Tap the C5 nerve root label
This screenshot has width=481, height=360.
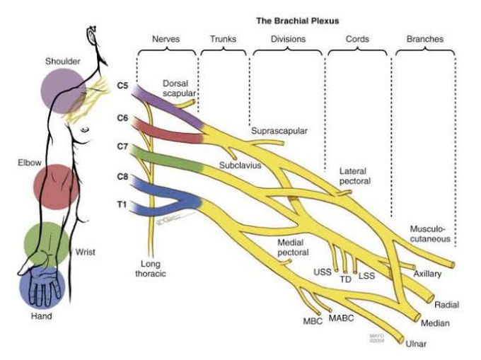click(x=122, y=86)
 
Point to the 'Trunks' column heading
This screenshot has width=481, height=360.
click(x=223, y=40)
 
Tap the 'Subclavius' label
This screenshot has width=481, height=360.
click(x=240, y=166)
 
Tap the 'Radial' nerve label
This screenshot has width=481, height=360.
click(x=448, y=305)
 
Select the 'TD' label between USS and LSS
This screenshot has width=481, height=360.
click(x=346, y=279)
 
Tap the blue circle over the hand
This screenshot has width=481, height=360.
click(x=43, y=287)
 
